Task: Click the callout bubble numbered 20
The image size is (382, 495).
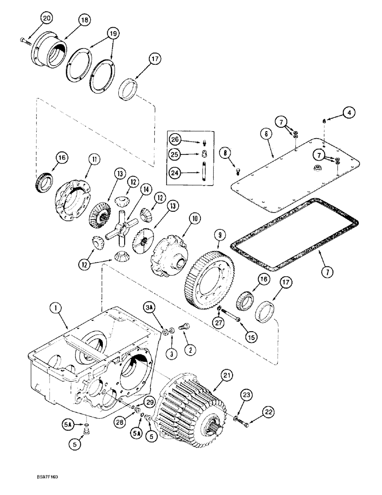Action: pyautogui.click(x=46, y=18)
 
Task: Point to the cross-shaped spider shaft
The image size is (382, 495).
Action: pyautogui.click(x=121, y=232)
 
